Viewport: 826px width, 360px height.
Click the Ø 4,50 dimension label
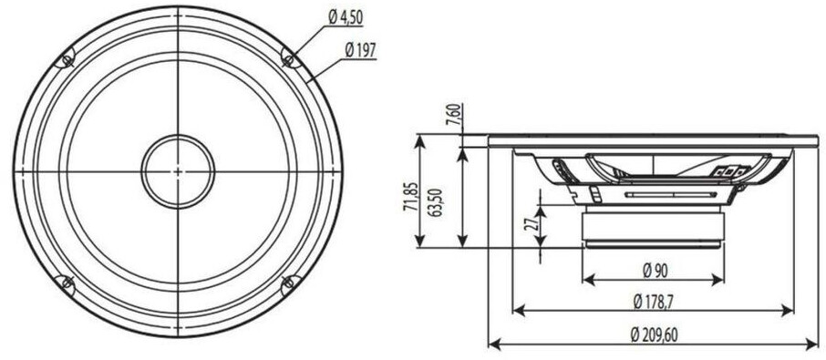tap(346, 17)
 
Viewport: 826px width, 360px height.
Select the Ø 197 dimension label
tap(360, 50)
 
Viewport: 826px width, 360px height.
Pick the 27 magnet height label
tap(532, 224)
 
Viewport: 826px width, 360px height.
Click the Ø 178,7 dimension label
tap(654, 302)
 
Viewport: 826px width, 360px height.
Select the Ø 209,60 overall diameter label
tap(654, 334)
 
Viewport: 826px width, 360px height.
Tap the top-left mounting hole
tap(67, 60)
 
